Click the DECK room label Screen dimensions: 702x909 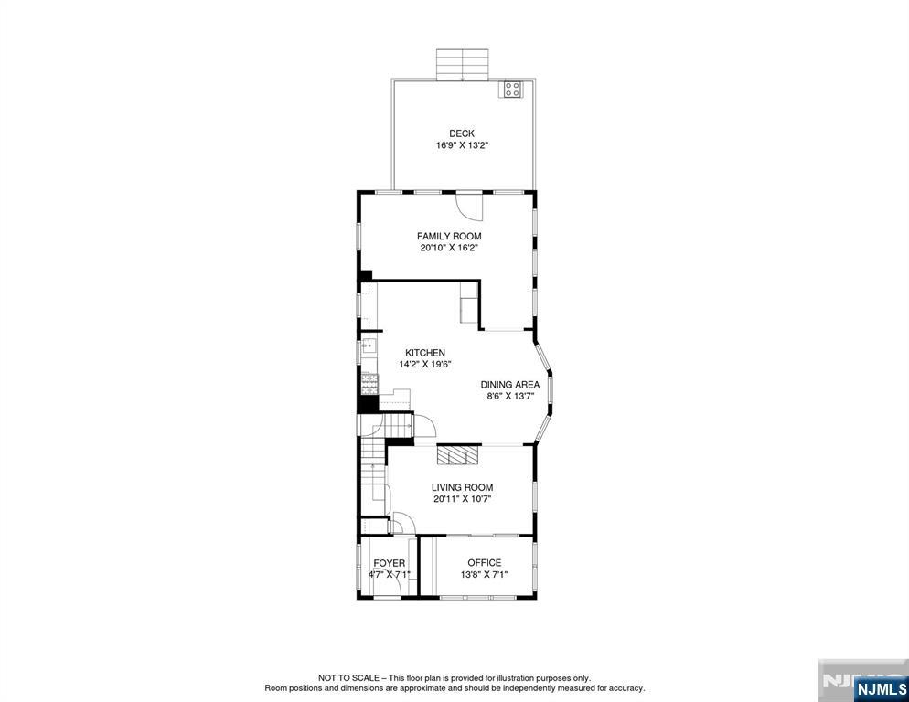[x=461, y=133]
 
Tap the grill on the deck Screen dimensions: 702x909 [x=511, y=90]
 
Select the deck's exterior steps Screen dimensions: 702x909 [x=463, y=65]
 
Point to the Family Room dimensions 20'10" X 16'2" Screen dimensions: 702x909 [x=449, y=248]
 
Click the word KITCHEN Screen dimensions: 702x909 [x=425, y=353]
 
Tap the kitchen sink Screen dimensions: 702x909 [x=368, y=346]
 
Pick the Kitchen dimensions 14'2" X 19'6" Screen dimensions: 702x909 [x=425, y=364]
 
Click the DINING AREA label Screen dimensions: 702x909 [x=510, y=385]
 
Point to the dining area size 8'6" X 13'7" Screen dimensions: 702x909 [x=510, y=397]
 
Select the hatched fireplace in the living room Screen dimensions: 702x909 [x=457, y=455]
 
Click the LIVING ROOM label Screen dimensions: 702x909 [x=462, y=487]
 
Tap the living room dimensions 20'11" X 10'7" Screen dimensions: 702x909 [x=462, y=499]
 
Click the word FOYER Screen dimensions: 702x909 [x=389, y=563]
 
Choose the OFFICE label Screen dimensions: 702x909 [x=484, y=562]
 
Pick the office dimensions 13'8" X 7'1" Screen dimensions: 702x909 [x=484, y=574]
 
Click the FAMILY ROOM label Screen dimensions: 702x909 [x=449, y=236]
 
